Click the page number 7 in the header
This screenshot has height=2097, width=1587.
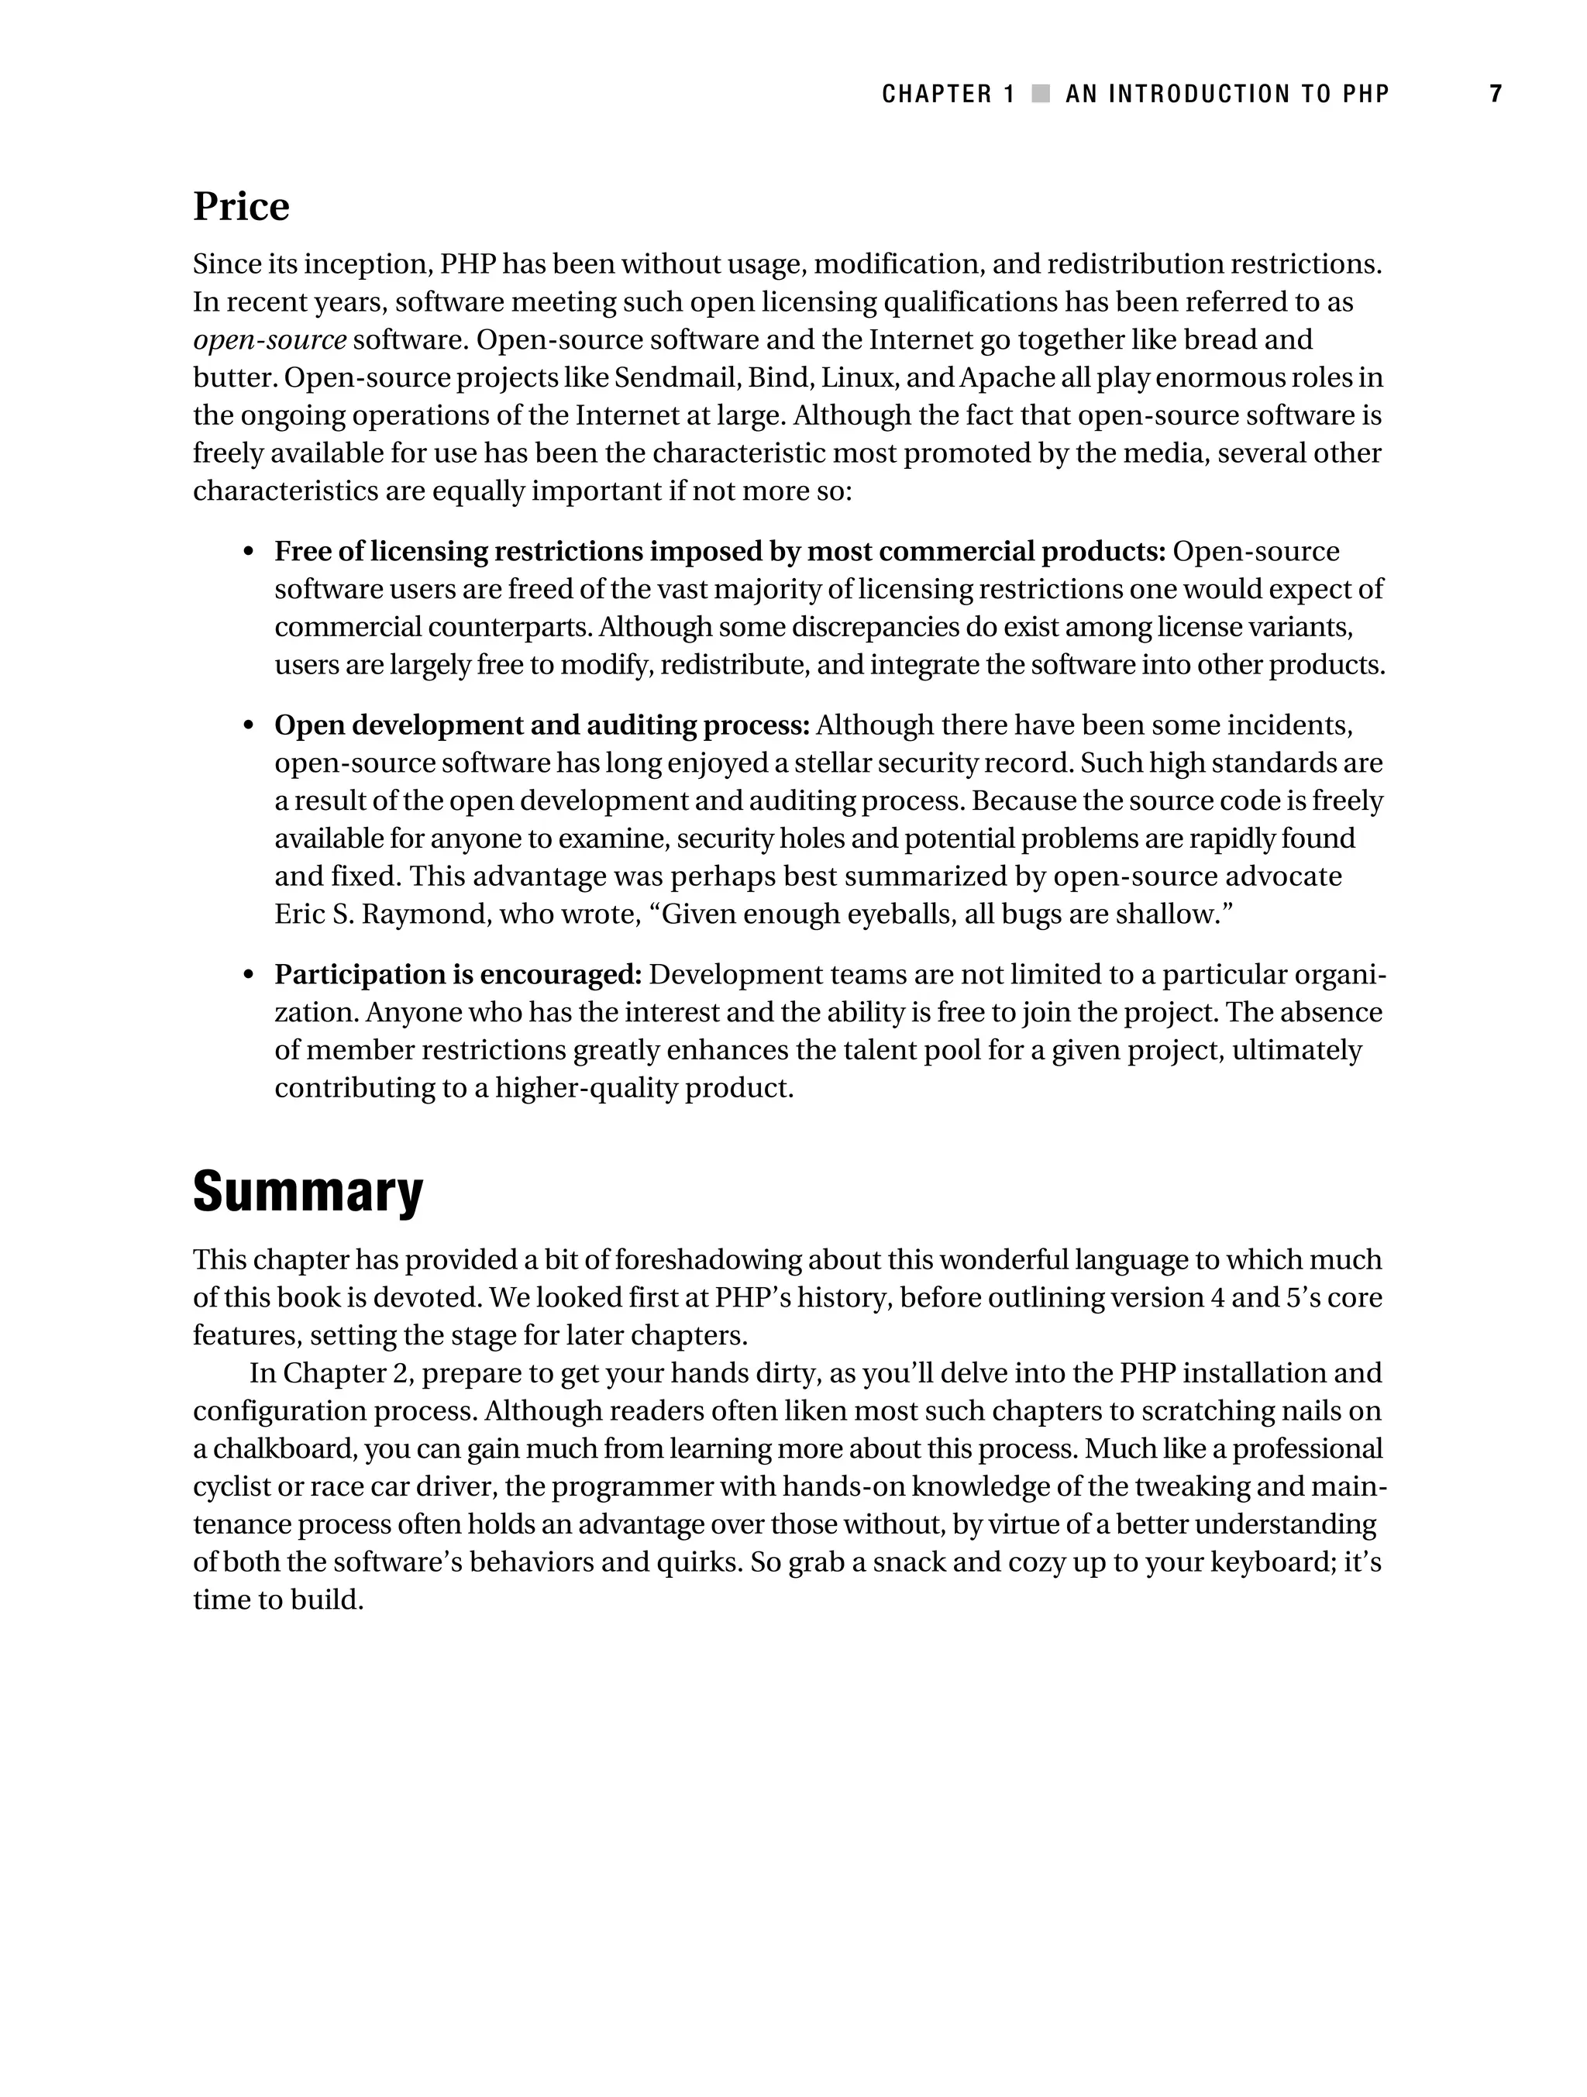pyautogui.click(x=1495, y=94)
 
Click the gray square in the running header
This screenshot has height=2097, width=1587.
pyautogui.click(x=1041, y=94)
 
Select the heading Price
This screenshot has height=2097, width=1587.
pyautogui.click(x=241, y=207)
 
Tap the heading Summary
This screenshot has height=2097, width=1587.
pyautogui.click(x=308, y=1192)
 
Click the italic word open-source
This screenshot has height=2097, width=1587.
pyautogui.click(x=269, y=339)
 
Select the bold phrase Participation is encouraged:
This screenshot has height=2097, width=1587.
pyautogui.click(x=458, y=975)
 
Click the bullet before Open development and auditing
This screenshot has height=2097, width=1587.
pyautogui.click(x=249, y=726)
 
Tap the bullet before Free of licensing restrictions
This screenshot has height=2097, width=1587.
pyautogui.click(x=249, y=553)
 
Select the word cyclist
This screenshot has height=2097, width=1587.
pyautogui.click(x=225, y=1486)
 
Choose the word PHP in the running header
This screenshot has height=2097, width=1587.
pyautogui.click(x=1366, y=94)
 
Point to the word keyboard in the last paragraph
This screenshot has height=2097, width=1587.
pyautogui.click(x=1269, y=1562)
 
